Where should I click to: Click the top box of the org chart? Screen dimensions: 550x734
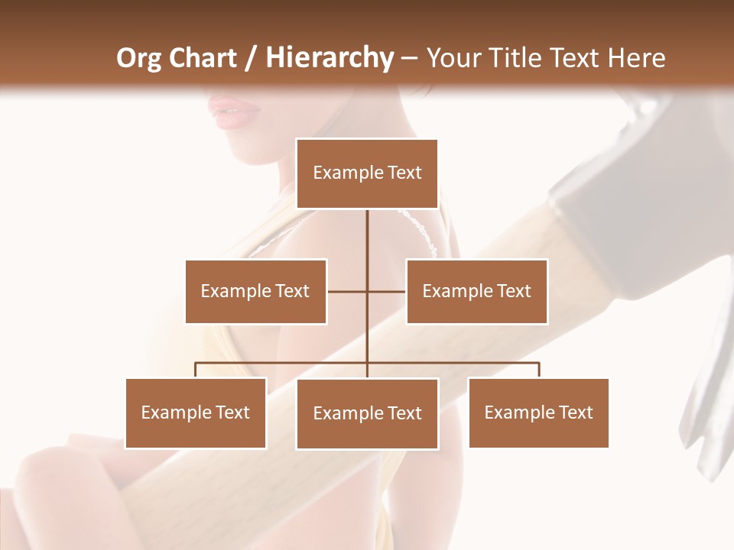(367, 173)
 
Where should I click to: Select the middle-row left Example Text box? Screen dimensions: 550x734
(255, 291)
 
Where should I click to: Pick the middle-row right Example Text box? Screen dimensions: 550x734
(476, 291)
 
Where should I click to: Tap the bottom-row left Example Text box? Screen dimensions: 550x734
(195, 412)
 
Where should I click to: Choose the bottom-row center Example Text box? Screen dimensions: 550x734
(367, 413)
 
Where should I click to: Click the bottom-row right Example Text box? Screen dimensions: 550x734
(538, 412)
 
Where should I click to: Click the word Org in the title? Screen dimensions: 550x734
(138, 58)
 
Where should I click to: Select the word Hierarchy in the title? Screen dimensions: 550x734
(328, 58)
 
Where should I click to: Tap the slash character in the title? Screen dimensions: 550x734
(250, 58)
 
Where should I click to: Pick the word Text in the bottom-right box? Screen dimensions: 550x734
(575, 412)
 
